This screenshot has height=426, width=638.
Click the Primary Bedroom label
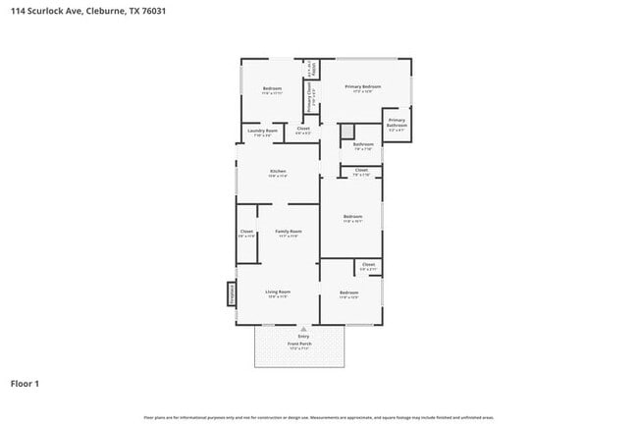click(x=362, y=86)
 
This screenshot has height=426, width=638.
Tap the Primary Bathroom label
click(x=397, y=123)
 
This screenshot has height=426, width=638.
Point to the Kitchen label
click(x=278, y=172)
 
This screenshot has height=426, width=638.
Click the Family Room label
click(x=288, y=232)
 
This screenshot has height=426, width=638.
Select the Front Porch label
click(x=299, y=343)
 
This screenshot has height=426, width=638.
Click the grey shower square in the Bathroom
click(x=346, y=131)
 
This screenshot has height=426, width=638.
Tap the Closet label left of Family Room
click(x=246, y=232)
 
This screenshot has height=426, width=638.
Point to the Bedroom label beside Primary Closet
click(x=272, y=89)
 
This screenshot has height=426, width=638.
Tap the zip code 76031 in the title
click(x=152, y=11)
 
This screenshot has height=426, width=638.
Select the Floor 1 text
click(x=26, y=383)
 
